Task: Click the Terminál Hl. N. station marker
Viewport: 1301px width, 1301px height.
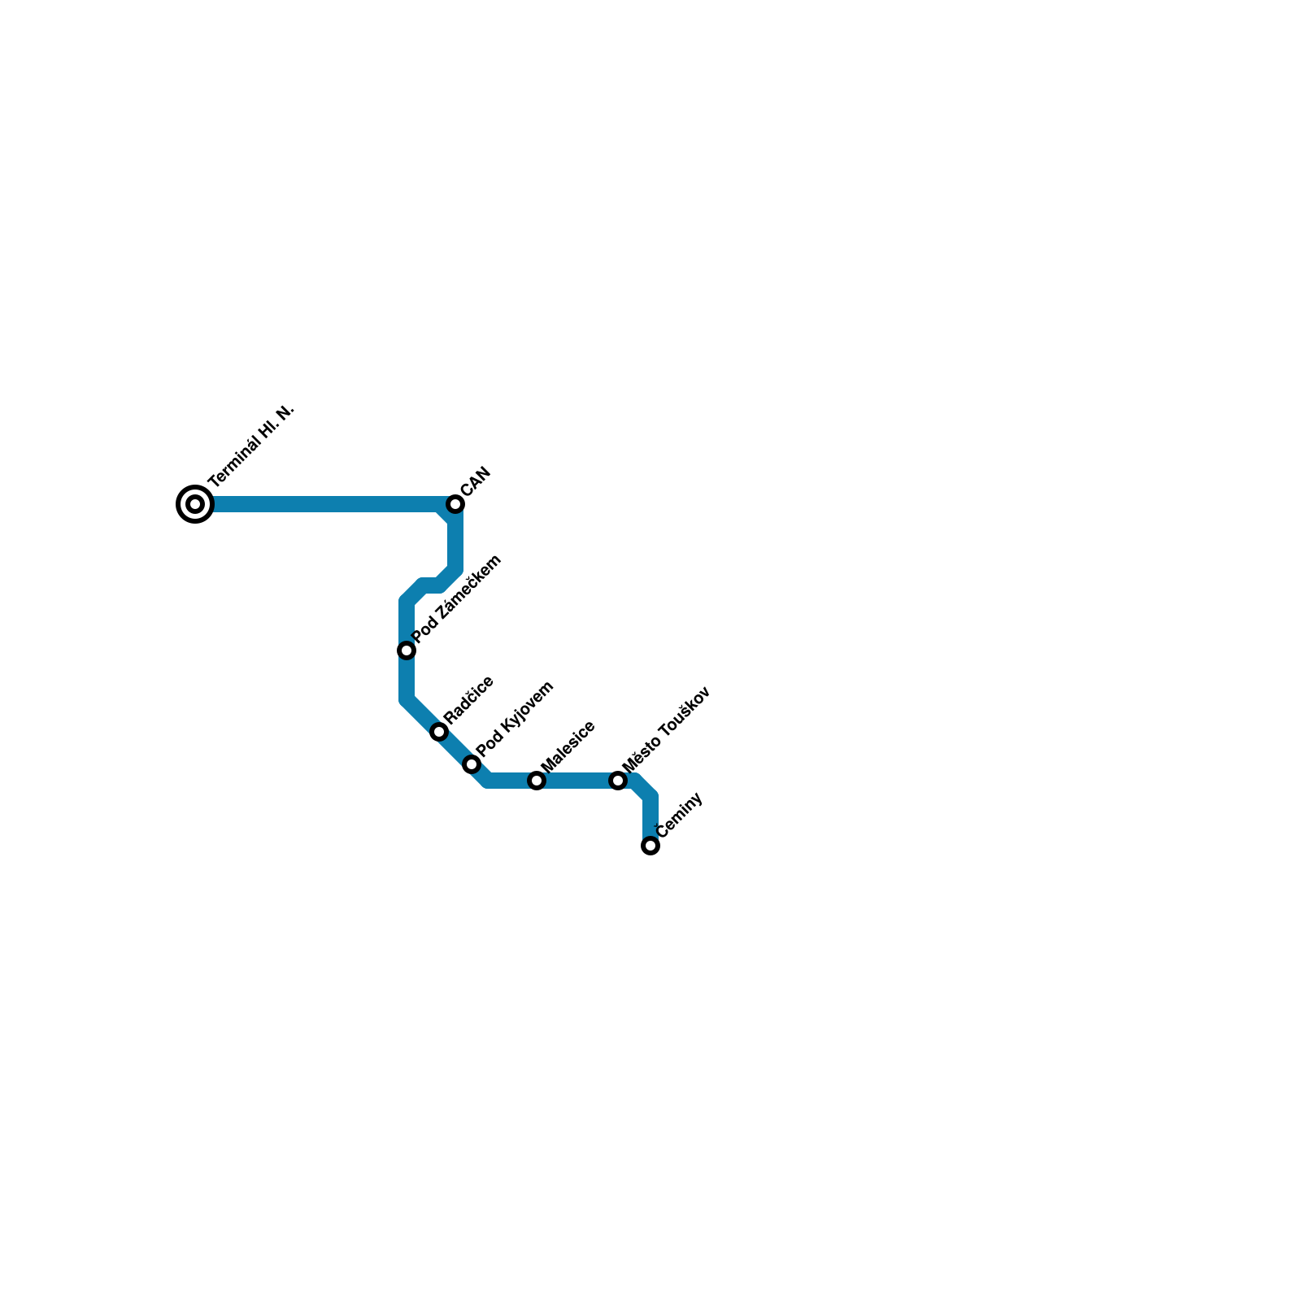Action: click(195, 504)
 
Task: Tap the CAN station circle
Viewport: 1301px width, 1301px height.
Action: click(455, 504)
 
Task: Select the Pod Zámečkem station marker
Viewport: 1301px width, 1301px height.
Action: click(407, 650)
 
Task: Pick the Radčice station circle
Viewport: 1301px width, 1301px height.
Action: click(439, 732)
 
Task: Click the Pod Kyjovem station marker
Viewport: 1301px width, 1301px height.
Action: click(472, 764)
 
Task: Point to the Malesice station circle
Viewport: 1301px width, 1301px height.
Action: click(537, 781)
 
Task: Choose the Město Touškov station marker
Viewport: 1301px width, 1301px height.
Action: click(618, 781)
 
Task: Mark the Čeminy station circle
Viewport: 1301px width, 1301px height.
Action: click(650, 846)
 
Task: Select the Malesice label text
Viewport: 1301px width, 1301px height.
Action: click(568, 746)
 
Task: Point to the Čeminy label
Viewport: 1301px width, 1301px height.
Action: click(679, 815)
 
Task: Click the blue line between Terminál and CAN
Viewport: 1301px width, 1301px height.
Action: click(325, 504)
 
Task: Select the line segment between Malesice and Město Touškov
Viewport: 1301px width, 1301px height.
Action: click(577, 781)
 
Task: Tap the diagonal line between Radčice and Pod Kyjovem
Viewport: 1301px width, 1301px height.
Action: click(455, 748)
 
